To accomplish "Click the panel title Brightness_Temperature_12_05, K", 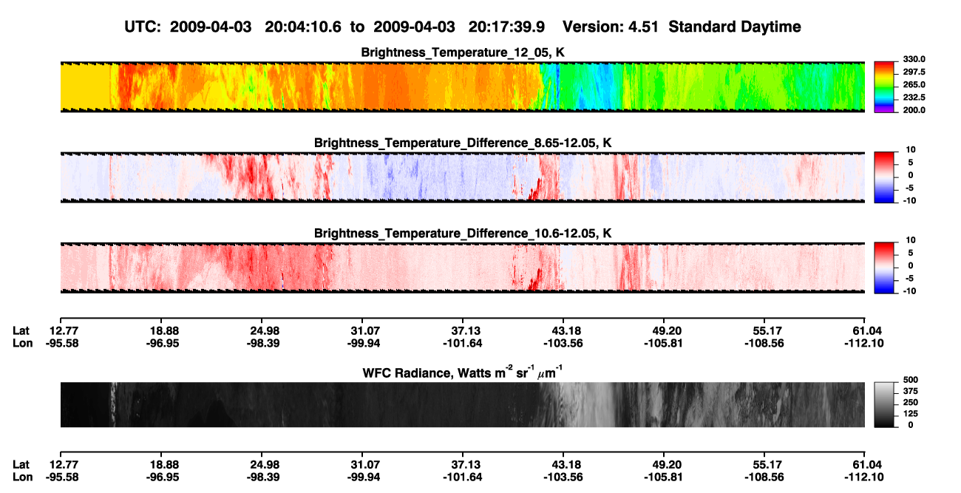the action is pyautogui.click(x=463, y=52).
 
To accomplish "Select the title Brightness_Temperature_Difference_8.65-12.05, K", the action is pyautogui.click(x=463, y=143).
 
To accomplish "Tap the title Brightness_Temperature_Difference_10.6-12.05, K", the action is pyautogui.click(x=463, y=234).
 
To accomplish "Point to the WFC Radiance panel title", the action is pyautogui.click(x=463, y=372).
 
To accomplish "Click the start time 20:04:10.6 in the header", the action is pyautogui.click(x=303, y=27).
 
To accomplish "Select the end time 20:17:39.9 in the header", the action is pyautogui.click(x=506, y=27).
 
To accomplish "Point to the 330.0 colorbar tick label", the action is pyautogui.click(x=914, y=59).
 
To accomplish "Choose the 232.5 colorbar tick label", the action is pyautogui.click(x=914, y=98).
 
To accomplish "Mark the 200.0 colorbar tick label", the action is pyautogui.click(x=914, y=110).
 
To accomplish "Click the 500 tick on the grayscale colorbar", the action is pyautogui.click(x=911, y=380).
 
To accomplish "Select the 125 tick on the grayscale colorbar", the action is pyautogui.click(x=911, y=414).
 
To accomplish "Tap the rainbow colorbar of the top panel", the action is pyautogui.click(x=884, y=87).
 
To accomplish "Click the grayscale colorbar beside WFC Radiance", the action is pyautogui.click(x=884, y=404).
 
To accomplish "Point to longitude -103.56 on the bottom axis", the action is pyautogui.click(x=563, y=477).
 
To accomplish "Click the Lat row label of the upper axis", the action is pyautogui.click(x=21, y=331).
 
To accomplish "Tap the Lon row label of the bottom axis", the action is pyautogui.click(x=23, y=477).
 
